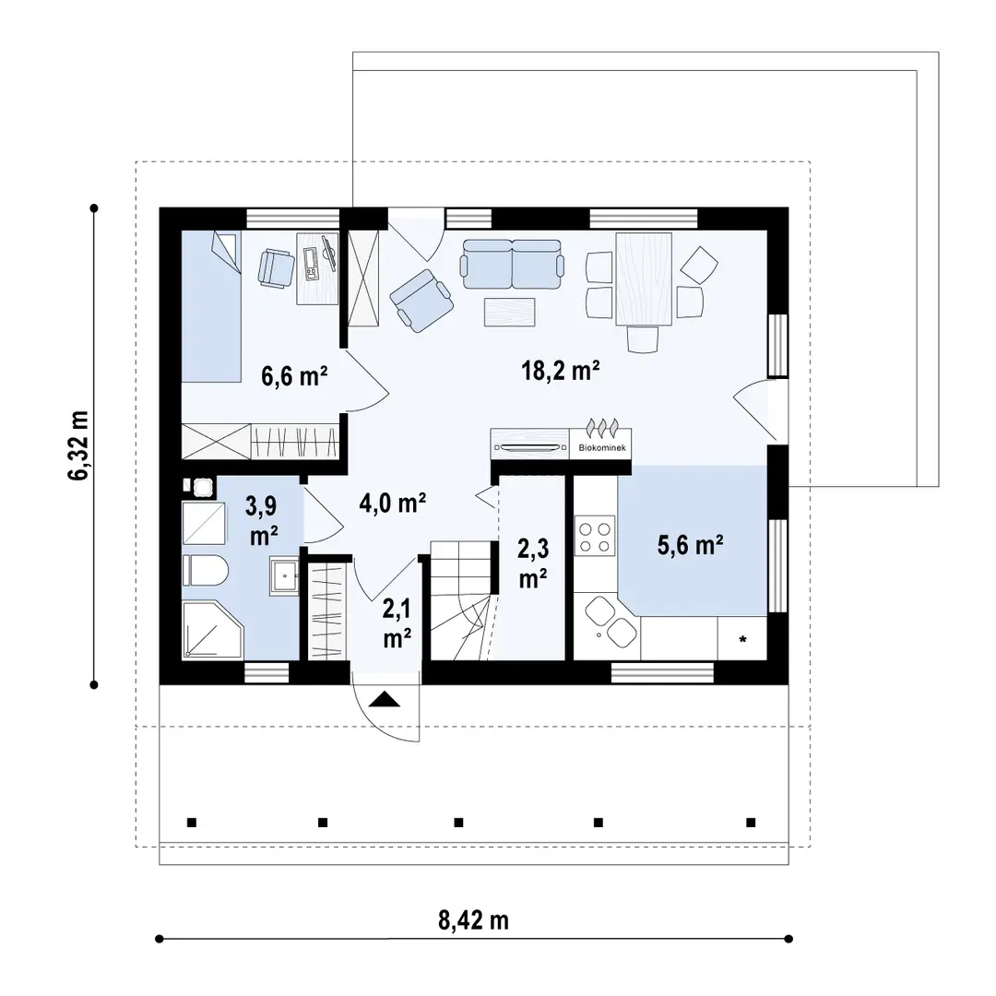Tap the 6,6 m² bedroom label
coord(294,375)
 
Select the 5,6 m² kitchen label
coord(691,545)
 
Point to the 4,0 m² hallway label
coord(392,504)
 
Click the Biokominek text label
coord(602,448)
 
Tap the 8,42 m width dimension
coord(473,920)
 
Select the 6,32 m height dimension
coord(79,445)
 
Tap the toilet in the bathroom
coord(205,571)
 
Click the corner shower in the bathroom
coord(212,629)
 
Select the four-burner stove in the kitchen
coord(595,537)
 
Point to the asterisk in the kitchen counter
coord(742,640)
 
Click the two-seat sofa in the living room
coord(513,265)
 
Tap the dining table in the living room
coord(644,279)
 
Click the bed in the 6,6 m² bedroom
coord(211,306)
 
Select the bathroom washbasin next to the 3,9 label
coord(285,575)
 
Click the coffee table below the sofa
coord(509,312)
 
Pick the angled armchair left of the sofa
coord(421,301)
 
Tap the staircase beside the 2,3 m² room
coord(461,600)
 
